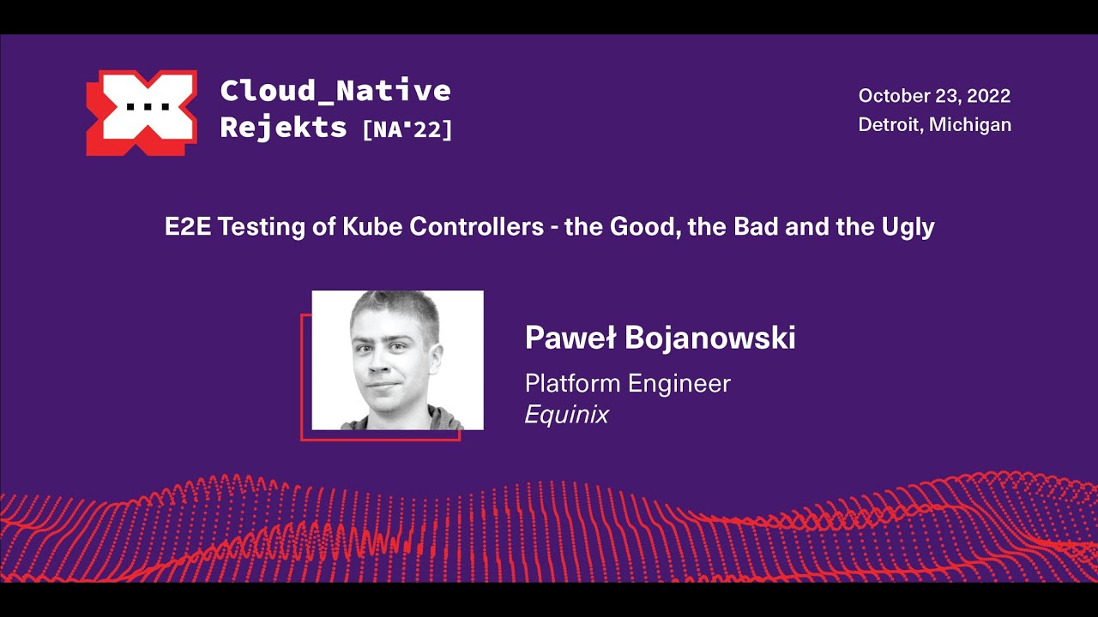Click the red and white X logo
pos(142,112)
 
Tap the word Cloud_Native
pos(335,90)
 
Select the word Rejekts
pos(283,128)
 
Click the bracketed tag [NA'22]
pos(407,129)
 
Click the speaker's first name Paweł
pos(570,338)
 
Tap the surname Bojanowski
pos(710,338)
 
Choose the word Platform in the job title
pos(572,383)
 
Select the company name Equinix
pos(567,415)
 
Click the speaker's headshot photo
pos(397,360)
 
